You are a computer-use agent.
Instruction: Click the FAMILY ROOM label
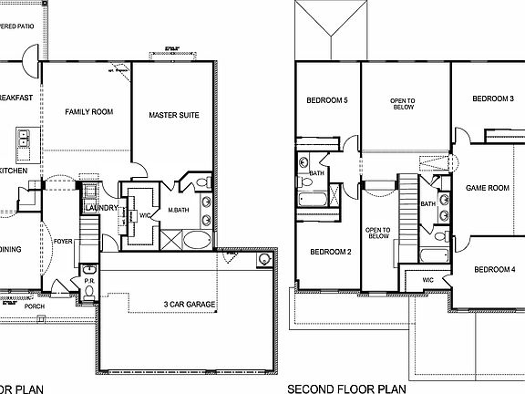[88, 112]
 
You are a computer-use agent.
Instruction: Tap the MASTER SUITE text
[174, 116]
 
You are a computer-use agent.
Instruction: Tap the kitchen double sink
[23, 140]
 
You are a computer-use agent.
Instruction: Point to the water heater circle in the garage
[263, 259]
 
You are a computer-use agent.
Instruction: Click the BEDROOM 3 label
[493, 98]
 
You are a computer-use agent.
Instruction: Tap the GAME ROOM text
[487, 188]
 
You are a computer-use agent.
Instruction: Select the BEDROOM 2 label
[330, 252]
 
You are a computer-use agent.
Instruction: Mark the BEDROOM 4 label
[496, 269]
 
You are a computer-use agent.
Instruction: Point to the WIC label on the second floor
[427, 279]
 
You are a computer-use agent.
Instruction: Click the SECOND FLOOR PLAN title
[346, 387]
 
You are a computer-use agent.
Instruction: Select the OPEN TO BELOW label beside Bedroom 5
[403, 103]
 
